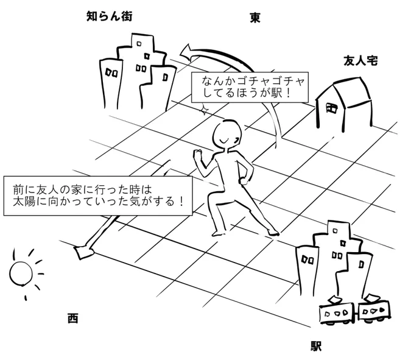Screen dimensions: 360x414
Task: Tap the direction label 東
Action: [x=255, y=18]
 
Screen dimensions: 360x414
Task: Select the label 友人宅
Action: [x=362, y=61]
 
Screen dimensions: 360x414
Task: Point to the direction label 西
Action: [x=73, y=318]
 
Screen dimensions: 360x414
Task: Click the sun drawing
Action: [x=21, y=274]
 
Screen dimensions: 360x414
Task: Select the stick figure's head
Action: [x=229, y=133]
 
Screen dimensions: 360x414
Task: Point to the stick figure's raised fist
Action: [x=197, y=155]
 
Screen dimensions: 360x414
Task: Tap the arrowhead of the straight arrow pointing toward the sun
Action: [x=82, y=250]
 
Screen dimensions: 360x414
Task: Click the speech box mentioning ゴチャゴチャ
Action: [x=250, y=86]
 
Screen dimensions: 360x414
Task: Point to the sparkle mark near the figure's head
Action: [x=205, y=110]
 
